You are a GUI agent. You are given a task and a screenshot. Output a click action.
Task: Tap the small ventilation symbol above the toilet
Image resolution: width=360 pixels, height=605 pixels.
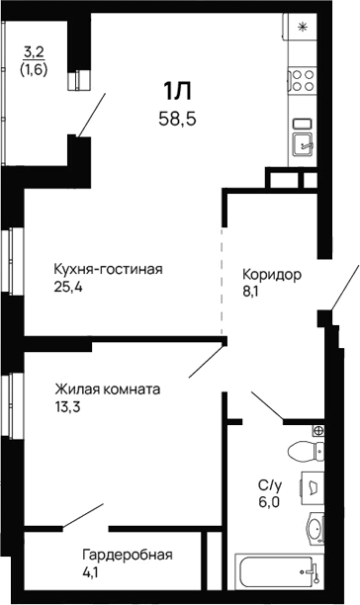pos(317,430)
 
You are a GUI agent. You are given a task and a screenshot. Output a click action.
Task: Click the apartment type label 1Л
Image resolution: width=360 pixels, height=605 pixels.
pos(177,93)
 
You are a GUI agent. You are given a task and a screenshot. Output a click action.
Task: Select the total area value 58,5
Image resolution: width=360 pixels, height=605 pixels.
pos(177,119)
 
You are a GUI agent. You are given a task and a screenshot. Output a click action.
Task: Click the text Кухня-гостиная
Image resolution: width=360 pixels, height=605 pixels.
pos(108,269)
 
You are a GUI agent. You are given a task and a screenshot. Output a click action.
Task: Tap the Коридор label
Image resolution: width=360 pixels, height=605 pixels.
pos(272,274)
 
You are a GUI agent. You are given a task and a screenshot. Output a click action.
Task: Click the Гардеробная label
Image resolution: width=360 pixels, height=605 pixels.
pos(127,554)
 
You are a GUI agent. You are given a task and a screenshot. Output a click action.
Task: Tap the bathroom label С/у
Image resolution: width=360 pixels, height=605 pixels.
pos(269,484)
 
